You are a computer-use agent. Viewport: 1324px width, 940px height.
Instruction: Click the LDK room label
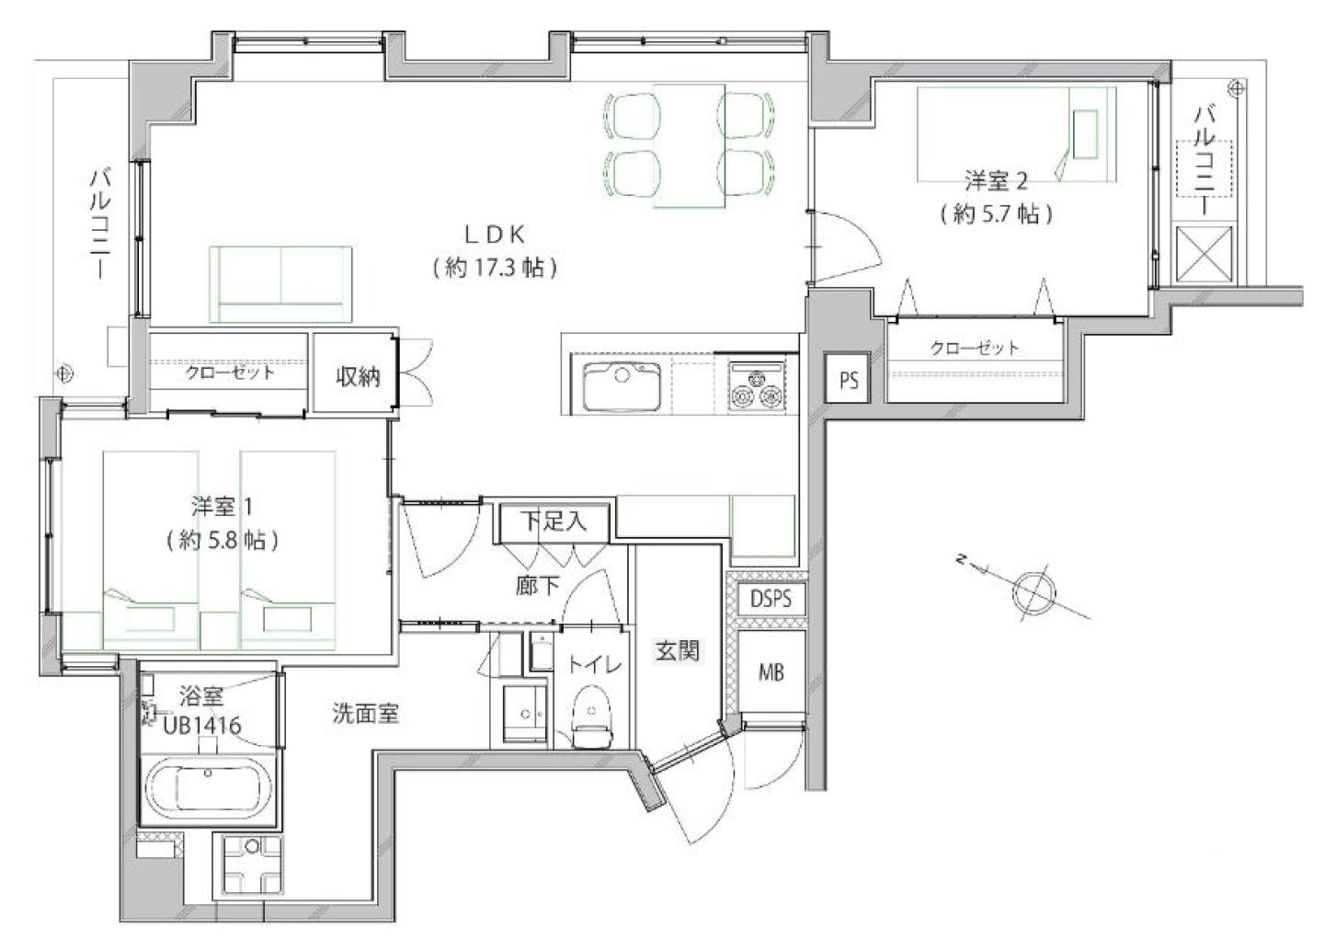[x=496, y=235]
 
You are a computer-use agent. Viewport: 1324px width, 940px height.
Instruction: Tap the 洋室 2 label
[x=996, y=180]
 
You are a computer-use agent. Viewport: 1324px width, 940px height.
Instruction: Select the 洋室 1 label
[x=222, y=507]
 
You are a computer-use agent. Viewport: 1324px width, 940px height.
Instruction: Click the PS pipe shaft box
[x=848, y=378]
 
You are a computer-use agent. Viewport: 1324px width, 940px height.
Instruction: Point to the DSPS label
[x=770, y=599]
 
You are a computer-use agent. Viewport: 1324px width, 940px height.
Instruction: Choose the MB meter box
[x=771, y=671]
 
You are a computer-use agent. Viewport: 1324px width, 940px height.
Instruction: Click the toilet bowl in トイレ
[x=592, y=716]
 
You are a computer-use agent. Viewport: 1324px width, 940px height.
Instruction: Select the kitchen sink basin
[x=622, y=385]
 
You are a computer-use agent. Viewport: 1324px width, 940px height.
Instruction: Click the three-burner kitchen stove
[x=758, y=385]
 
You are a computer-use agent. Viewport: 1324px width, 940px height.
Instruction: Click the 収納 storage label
[x=358, y=376]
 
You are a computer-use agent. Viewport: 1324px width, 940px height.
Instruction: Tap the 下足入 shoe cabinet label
[x=554, y=522]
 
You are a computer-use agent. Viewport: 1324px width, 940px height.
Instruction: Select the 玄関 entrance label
[x=677, y=651]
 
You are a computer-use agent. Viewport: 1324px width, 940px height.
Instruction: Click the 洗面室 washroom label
[x=365, y=714]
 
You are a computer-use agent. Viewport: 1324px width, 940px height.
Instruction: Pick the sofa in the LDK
[x=280, y=284]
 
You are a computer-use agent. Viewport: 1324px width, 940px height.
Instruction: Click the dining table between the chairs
[x=690, y=146]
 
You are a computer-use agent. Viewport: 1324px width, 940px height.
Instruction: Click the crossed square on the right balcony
[x=1204, y=254]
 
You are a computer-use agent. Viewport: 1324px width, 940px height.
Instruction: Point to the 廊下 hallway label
[x=537, y=585]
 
